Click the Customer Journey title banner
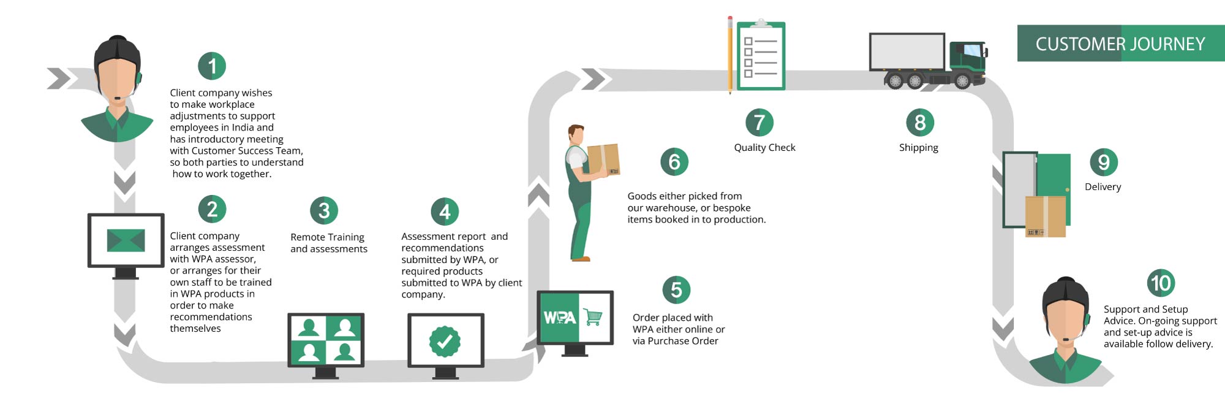1120,44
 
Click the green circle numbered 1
212,66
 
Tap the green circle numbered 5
676,289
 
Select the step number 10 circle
1161,283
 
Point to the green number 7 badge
759,122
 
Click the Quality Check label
764,148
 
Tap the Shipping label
918,148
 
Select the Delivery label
1102,187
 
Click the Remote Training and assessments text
329,243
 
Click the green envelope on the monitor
126,240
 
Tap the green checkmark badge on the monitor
445,341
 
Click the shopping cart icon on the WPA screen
593,317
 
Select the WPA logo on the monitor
559,318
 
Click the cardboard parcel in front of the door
1046,216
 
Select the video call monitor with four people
326,339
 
